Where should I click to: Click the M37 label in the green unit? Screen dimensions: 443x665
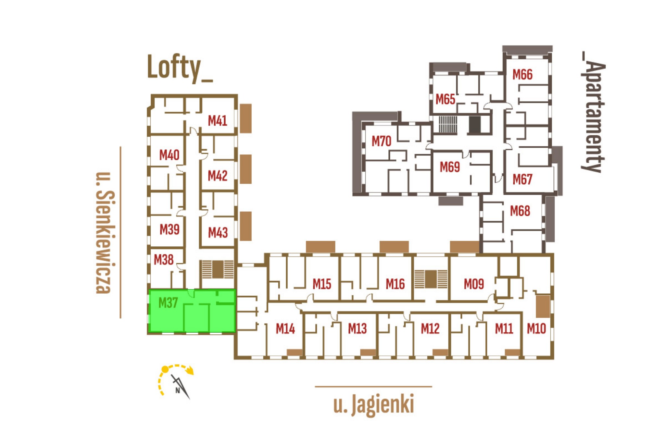point(168,303)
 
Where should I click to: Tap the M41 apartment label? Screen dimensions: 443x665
point(217,121)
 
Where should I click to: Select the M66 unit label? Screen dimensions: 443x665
point(522,75)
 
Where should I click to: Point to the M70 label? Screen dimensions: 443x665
point(381,141)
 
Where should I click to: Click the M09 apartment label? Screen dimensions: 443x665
point(474,284)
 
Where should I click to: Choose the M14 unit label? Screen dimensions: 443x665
point(285,329)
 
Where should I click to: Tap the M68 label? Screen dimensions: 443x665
point(520,211)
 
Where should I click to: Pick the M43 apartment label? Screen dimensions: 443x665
point(218,232)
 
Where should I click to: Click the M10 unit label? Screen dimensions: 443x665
point(536,329)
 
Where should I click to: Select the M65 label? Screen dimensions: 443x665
point(445,99)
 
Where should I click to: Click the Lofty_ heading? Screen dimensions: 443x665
point(180,68)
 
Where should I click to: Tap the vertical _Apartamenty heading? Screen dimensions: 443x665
point(593,112)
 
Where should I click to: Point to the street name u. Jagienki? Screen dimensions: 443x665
point(374,404)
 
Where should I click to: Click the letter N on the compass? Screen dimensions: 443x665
point(178,390)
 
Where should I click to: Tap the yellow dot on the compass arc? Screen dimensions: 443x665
point(165,369)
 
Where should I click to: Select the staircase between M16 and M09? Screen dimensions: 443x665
point(431,279)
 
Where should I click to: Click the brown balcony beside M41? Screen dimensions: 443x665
point(245,118)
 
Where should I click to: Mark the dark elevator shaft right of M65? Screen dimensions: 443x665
point(475,124)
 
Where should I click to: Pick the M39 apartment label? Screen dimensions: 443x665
point(169,229)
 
